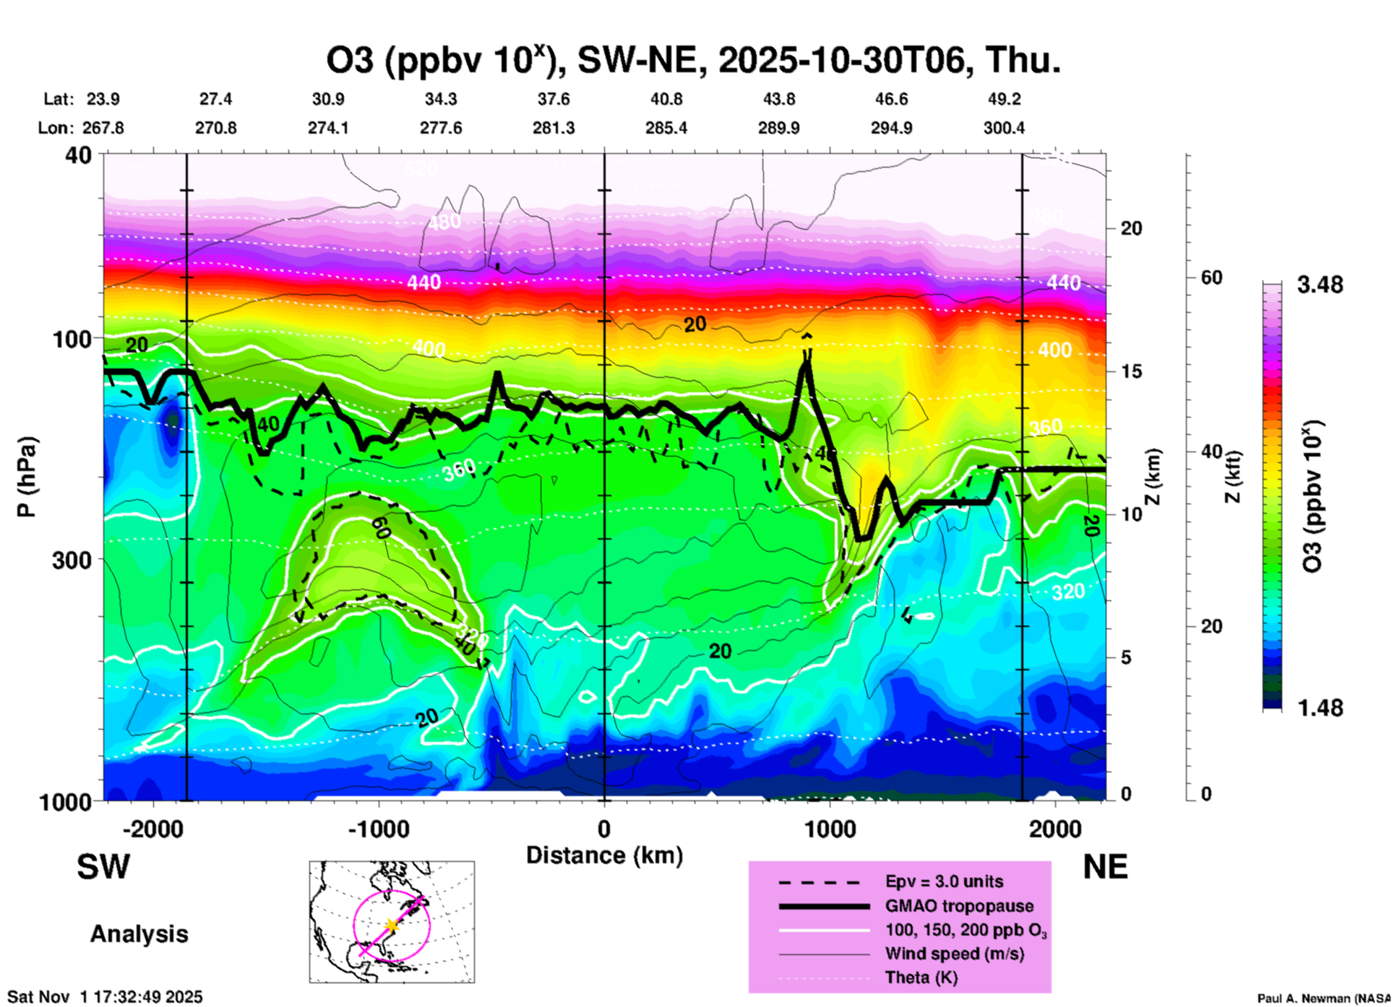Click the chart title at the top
point(693,61)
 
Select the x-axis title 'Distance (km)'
point(604,855)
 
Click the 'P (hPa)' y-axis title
point(27,476)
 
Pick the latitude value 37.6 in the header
point(553,100)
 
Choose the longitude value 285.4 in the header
point(666,129)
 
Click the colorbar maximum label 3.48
point(1320,285)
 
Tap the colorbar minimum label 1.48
point(1320,708)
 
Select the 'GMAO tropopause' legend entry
point(959,906)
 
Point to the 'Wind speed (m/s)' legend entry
point(954,954)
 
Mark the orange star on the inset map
point(392,925)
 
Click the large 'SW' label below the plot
point(103,867)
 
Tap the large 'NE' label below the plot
point(1105,867)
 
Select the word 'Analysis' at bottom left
point(139,934)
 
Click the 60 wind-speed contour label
point(381,529)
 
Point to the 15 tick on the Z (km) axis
point(1131,371)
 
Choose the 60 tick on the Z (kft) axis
point(1211,278)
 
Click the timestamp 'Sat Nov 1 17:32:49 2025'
point(106,998)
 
